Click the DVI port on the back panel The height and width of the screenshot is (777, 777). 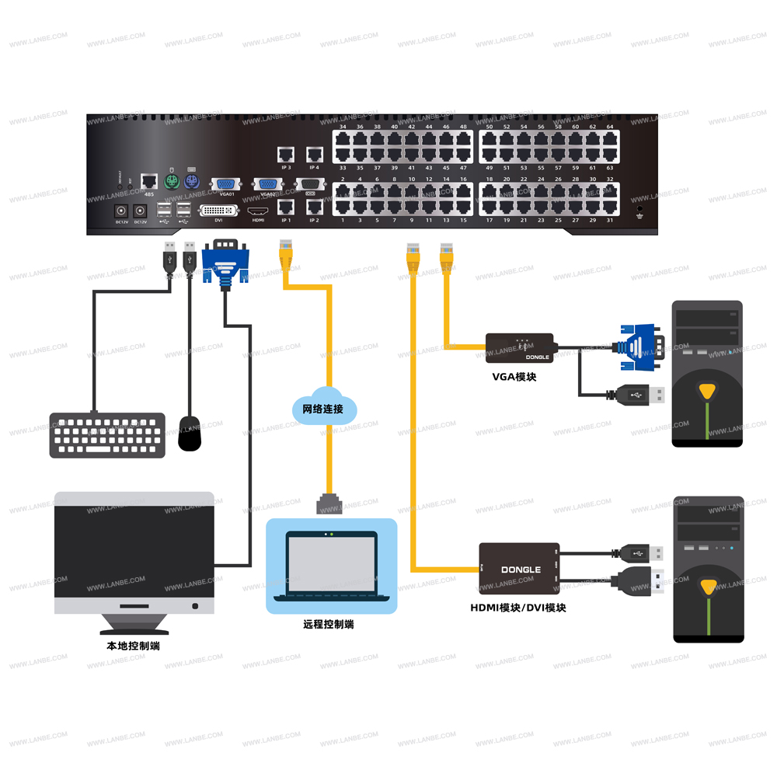point(219,211)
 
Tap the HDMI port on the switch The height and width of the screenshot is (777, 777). point(258,211)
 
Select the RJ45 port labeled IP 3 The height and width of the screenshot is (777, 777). point(285,154)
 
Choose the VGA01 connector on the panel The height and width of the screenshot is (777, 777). point(227,184)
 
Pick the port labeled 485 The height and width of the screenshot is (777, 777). point(148,183)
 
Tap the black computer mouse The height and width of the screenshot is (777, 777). point(190,432)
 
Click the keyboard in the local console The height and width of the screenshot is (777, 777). point(108,434)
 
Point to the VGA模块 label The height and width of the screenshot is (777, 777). point(514,377)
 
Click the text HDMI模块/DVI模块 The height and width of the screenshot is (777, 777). point(518,608)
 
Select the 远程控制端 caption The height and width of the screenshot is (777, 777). point(329,624)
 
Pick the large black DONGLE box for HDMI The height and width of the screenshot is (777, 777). point(519,570)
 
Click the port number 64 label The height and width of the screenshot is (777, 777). point(610,127)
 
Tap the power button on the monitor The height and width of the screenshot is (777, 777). point(194,605)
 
